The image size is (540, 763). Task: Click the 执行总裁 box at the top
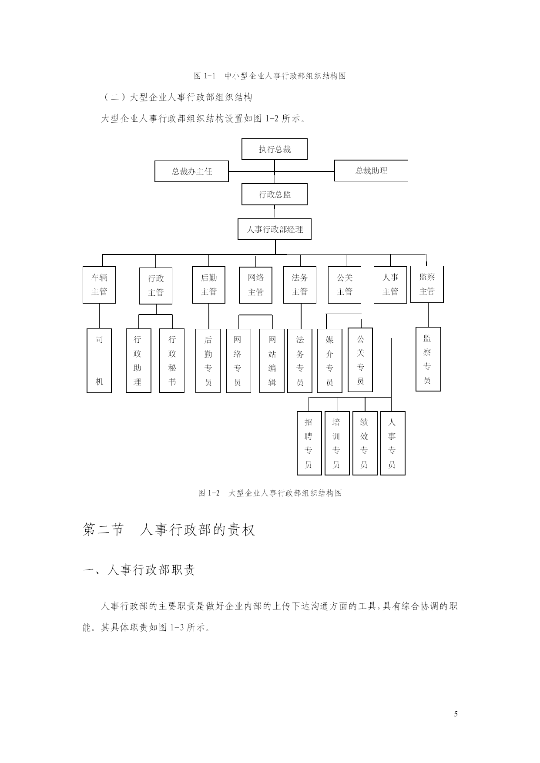275,149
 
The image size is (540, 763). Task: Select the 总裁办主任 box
191,171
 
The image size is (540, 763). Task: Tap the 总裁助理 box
371,171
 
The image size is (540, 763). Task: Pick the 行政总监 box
275,194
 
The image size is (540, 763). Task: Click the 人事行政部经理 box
275,229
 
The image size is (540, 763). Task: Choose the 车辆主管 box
99,285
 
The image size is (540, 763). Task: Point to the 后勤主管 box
208,285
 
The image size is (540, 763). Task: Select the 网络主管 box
255,285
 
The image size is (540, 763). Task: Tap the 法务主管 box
300,285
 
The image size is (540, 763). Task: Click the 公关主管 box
345,285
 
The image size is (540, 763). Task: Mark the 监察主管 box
427,284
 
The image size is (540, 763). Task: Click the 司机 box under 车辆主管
99,361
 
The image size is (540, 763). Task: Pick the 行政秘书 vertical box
172,361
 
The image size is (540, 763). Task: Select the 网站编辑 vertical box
272,361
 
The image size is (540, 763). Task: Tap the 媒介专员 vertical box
330,361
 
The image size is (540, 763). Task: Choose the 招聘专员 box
309,443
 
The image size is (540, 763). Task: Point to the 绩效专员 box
365,443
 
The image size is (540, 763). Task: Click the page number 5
456,714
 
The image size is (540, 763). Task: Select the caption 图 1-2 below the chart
270,493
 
